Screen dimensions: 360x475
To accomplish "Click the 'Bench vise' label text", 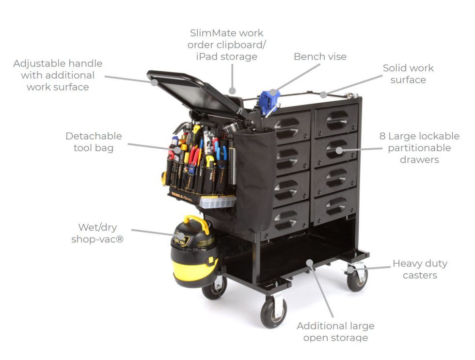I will [320, 57].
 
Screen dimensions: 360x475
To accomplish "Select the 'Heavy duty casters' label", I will [420, 269].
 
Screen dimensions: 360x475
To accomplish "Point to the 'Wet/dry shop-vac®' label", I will [97, 233].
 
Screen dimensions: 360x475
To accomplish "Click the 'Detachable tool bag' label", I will [94, 142].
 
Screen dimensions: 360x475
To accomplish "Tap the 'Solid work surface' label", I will [408, 74].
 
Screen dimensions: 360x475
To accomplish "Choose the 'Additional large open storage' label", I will [335, 332].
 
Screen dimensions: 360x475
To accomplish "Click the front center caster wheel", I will [273, 313].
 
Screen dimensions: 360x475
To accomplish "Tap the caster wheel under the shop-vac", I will [214, 287].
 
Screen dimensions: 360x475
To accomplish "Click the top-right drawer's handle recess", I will [338, 119].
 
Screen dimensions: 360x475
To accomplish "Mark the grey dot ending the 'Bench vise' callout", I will [273, 92].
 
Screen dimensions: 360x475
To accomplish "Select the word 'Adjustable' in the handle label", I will [36, 63].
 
